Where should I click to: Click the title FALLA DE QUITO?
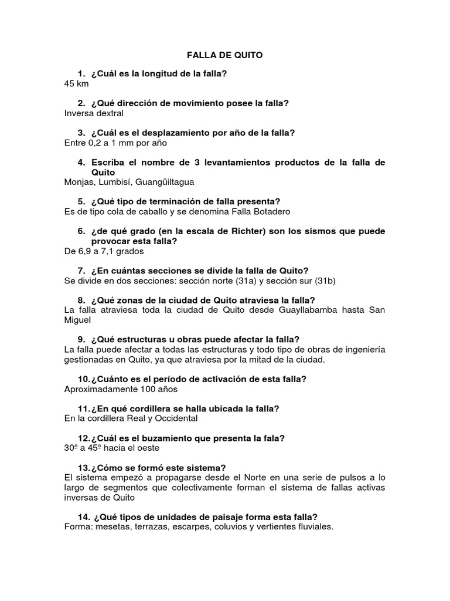pyautogui.click(x=224, y=55)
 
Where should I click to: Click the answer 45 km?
pyautogui.click(x=76, y=83)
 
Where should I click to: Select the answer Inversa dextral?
pyautogui.click(x=94, y=113)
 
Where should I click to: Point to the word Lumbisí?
pyautogui.click(x=116, y=182)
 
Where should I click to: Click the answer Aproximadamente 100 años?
pyautogui.click(x=120, y=389)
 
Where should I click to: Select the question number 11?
pyautogui.click(x=83, y=408)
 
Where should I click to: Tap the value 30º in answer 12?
pyautogui.click(x=71, y=448)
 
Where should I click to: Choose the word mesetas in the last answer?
pyautogui.click(x=110, y=526)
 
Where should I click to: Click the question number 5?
pyautogui.click(x=81, y=201)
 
